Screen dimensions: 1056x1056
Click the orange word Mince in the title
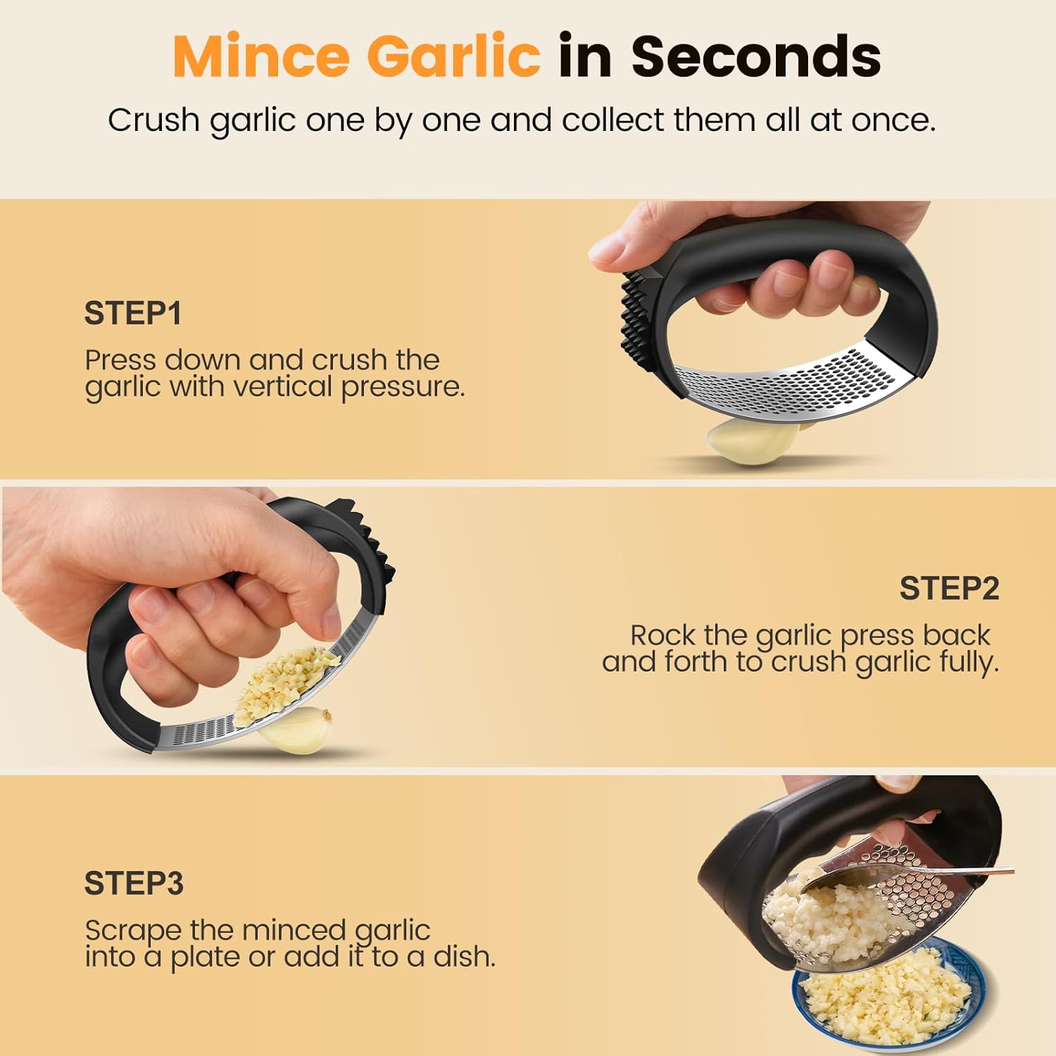pos(261,56)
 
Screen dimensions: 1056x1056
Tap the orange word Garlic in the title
pos(453,56)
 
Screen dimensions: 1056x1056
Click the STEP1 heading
pos(133,313)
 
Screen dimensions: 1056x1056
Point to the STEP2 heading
pos(949,588)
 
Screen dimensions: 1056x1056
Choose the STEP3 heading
pos(134,883)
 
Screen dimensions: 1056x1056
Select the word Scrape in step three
pos(133,931)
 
